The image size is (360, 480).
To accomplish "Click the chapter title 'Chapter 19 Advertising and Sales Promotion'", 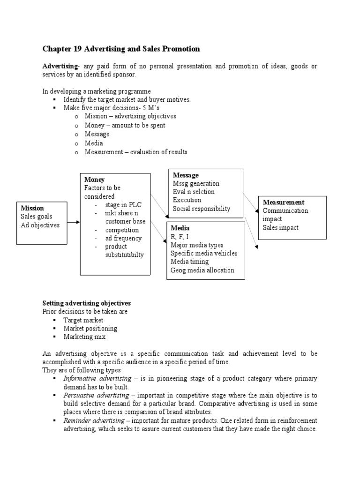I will (121, 49).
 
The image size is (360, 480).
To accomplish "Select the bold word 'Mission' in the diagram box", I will (32, 208).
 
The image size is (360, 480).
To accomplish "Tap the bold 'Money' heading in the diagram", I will (94, 180).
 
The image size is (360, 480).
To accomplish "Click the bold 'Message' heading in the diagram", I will (186, 175).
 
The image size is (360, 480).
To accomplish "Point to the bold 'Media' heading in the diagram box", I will (180, 228).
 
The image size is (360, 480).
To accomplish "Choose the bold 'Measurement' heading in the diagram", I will (284, 202).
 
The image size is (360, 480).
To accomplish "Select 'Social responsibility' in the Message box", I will (202, 209).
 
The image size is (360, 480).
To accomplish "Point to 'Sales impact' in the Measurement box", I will (280, 227).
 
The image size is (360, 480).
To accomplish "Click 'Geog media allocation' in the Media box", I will (202, 270).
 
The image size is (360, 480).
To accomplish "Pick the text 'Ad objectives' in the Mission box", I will (40, 225).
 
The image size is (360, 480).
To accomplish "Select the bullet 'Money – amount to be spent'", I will (125, 125).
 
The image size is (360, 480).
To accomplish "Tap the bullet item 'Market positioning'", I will (90, 328).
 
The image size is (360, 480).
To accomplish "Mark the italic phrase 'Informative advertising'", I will (95, 378).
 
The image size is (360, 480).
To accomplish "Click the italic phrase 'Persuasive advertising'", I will (95, 396).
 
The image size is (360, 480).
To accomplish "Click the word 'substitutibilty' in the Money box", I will (124, 255).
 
